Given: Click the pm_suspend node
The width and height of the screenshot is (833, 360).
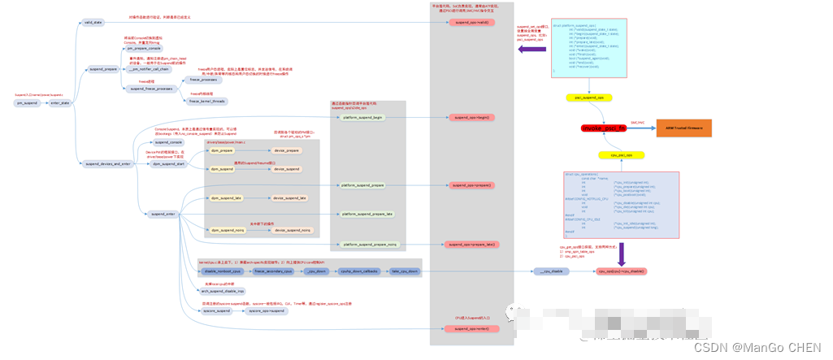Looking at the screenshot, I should click(27, 103).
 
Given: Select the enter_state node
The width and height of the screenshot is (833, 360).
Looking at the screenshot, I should click(60, 103).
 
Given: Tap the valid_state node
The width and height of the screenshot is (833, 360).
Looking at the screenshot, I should click(93, 22).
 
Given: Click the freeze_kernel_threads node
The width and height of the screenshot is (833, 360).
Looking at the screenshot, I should click(208, 102).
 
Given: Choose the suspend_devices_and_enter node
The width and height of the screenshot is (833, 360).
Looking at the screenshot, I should click(108, 164).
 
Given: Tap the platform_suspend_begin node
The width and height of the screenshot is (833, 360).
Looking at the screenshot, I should click(362, 118).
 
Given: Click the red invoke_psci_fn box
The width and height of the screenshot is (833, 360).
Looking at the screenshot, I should click(604, 128).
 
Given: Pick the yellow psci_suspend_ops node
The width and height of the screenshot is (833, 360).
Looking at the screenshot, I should click(588, 98).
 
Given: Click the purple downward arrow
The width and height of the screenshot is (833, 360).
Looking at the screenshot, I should click(620, 255).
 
